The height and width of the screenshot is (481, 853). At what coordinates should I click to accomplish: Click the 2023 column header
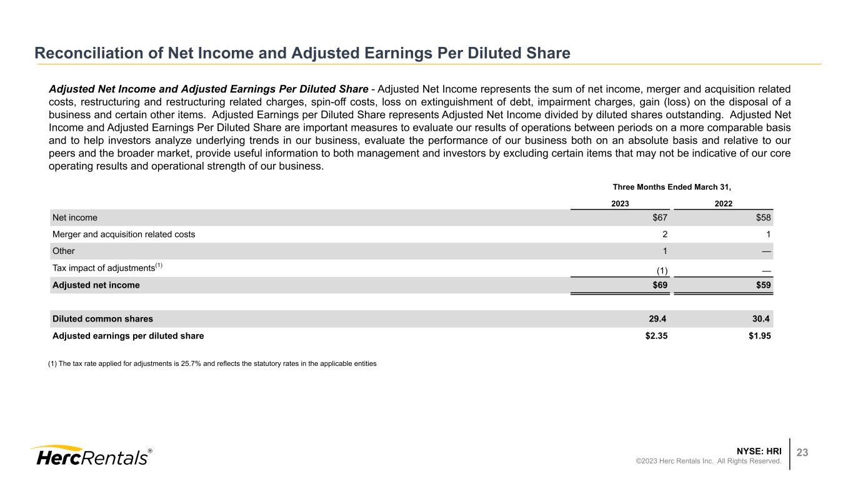coord(620,203)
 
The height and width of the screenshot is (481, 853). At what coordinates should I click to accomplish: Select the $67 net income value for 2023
coord(660,218)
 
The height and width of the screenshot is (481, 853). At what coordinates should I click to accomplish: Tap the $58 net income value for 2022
coord(762,218)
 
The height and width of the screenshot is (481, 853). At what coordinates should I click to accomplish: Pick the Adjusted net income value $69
coord(660,285)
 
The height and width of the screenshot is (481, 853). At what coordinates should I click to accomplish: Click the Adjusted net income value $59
coord(762,285)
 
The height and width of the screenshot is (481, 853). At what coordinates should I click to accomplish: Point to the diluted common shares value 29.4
coord(658,319)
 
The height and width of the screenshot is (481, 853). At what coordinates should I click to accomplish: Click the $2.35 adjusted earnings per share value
coord(656,336)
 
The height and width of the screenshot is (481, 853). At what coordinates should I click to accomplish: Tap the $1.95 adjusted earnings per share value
coord(759,336)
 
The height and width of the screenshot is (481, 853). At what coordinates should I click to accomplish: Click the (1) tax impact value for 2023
coord(662,270)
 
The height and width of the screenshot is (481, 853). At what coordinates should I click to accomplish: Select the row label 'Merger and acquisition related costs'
coord(124,235)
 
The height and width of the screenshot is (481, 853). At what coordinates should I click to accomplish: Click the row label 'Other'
coord(64,251)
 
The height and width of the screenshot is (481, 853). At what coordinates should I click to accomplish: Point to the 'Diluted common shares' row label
coord(102,319)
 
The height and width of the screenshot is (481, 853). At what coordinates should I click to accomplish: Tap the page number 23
coord(802,453)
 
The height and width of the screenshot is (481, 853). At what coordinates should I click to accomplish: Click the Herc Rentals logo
coord(91,456)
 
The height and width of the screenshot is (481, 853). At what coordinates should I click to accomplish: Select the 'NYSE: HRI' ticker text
coord(759,450)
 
